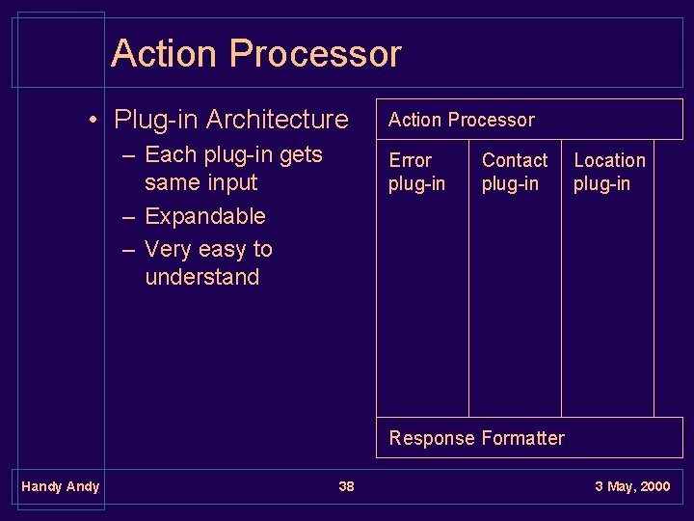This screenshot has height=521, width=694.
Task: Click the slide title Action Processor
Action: (255, 53)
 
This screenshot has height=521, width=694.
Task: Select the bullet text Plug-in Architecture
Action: (230, 120)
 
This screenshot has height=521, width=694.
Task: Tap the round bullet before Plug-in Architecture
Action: (92, 121)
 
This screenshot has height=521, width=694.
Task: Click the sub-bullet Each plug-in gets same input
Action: (232, 168)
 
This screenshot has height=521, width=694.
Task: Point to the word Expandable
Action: (204, 216)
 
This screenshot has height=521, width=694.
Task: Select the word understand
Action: (202, 278)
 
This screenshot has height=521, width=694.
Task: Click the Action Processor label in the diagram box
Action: (461, 120)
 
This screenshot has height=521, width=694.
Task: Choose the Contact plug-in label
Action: (514, 172)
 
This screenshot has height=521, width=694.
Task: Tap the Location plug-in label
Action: (609, 172)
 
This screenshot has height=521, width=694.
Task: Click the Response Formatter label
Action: (476, 438)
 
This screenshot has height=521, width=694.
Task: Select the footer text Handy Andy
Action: (60, 486)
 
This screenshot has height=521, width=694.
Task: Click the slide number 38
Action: (346, 486)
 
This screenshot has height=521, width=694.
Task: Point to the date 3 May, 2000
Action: (632, 486)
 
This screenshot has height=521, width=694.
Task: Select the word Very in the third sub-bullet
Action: (169, 249)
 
